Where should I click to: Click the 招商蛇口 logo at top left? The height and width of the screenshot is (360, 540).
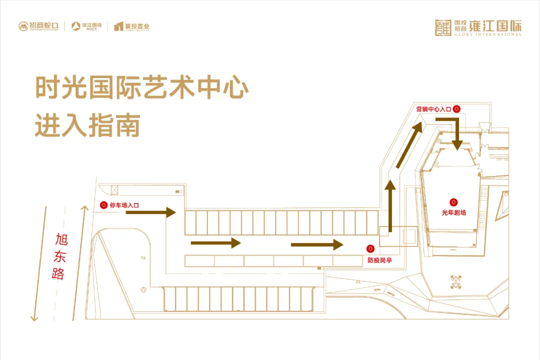click(39, 26)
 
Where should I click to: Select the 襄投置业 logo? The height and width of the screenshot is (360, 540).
click(131, 26)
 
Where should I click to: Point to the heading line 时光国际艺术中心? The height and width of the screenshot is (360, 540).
click(142, 88)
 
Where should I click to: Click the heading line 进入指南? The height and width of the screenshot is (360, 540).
click(87, 125)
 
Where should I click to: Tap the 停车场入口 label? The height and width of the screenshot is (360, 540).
click(124, 205)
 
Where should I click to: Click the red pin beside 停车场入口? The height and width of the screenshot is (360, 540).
click(103, 205)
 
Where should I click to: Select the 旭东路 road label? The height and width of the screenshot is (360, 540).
click(60, 256)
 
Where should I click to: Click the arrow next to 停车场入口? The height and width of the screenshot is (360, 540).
click(150, 212)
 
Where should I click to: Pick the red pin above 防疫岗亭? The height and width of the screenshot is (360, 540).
click(370, 248)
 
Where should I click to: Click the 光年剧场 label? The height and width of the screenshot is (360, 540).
click(453, 212)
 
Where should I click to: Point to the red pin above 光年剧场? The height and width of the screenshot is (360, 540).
click(453, 202)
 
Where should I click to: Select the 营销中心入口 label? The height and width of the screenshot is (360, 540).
click(433, 108)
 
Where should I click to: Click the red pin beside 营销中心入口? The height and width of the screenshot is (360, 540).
click(456, 108)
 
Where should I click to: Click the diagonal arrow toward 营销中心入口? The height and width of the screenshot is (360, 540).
click(406, 146)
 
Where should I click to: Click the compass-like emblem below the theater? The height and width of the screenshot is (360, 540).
click(456, 281)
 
